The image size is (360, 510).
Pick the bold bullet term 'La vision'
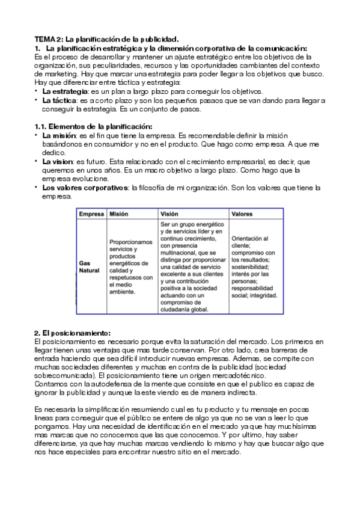click(x=58, y=162)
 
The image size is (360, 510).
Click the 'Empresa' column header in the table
click(x=91, y=214)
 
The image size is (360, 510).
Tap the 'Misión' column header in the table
click(x=119, y=214)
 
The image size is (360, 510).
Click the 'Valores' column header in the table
click(x=242, y=214)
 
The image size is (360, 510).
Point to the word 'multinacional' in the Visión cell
click(x=180, y=254)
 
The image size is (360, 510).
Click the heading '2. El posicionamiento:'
click(x=73, y=333)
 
